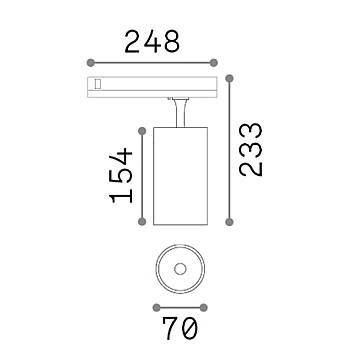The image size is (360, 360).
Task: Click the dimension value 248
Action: pos(151,41)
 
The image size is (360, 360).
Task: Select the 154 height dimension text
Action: pos(120,174)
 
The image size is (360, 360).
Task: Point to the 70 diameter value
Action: pos(180,328)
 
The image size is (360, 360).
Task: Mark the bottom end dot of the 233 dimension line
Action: pos(233,223)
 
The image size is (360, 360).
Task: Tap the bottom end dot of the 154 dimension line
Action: pos(138,223)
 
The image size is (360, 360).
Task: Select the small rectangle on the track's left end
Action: pos(97,84)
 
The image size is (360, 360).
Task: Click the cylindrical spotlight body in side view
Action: pos(179,175)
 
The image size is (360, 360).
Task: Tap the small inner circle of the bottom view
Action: pos(180,268)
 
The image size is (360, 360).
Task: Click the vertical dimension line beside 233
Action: pos(233,150)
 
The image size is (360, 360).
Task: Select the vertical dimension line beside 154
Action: pos(138,175)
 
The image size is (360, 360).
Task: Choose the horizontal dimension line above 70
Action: pos(180,307)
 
